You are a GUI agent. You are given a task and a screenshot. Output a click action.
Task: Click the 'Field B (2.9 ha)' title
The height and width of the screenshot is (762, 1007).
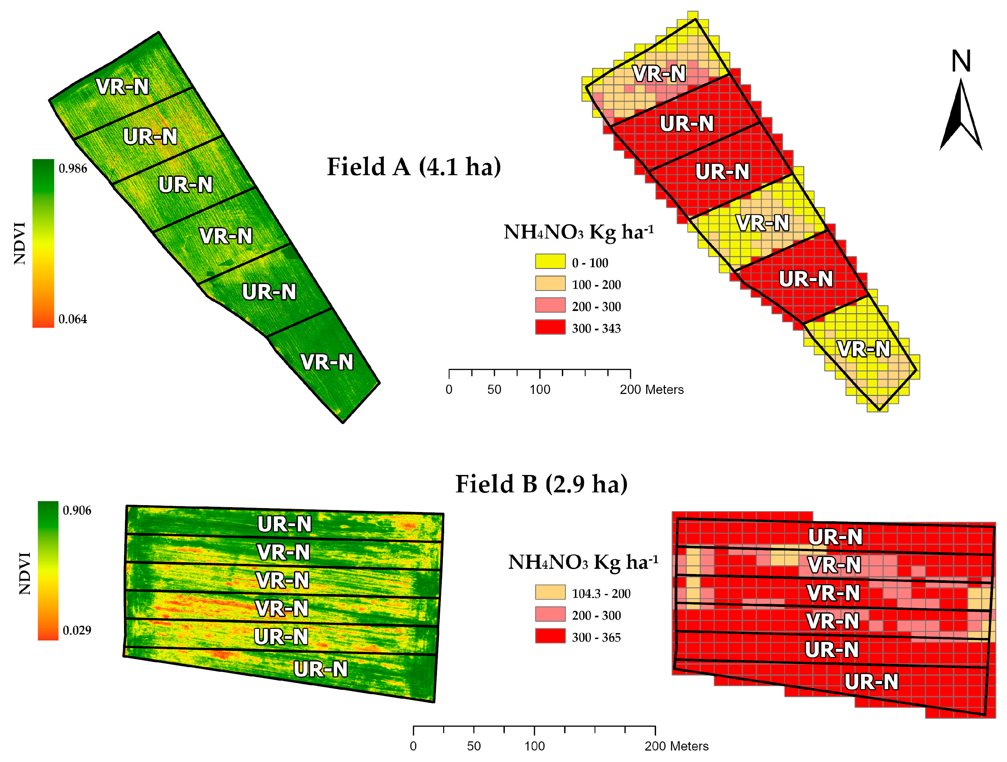click(541, 484)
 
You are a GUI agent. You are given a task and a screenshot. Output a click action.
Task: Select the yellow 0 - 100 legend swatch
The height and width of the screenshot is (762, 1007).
click(550, 261)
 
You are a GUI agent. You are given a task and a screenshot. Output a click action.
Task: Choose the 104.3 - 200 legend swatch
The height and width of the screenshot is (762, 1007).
click(550, 592)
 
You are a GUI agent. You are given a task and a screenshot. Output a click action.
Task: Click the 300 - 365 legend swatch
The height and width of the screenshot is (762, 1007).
click(550, 636)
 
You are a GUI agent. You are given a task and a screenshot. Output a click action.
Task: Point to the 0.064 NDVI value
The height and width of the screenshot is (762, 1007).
click(73, 319)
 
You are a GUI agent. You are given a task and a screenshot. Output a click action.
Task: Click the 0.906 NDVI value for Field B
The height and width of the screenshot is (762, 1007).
click(77, 510)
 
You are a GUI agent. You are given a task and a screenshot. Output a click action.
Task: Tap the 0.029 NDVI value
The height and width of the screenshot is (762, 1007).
click(77, 630)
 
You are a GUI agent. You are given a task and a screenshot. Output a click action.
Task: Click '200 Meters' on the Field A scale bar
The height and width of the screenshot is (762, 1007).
click(651, 390)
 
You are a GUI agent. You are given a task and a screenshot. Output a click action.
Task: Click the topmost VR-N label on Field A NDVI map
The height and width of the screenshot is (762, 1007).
click(122, 87)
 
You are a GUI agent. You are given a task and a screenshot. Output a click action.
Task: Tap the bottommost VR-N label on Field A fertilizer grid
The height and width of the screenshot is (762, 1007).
click(864, 349)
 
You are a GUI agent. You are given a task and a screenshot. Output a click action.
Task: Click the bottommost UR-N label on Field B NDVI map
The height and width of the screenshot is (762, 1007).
click(320, 669)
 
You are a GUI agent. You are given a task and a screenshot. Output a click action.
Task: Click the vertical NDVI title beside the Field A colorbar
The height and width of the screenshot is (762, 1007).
click(20, 243)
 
